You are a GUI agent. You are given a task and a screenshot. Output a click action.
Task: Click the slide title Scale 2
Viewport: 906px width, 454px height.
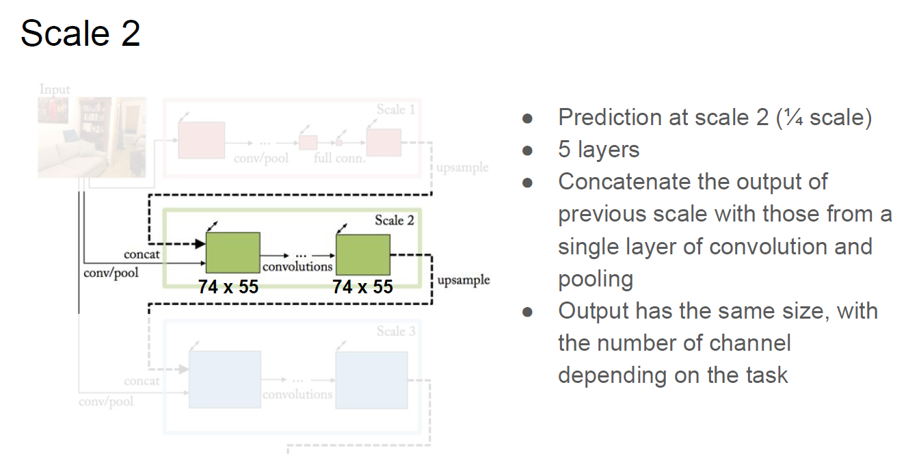pyautogui.click(x=80, y=34)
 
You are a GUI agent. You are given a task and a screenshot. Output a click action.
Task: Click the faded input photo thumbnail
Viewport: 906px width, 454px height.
pyautogui.click(x=91, y=137)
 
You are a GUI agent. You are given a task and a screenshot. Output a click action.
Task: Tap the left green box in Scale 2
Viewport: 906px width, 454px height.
pyautogui.click(x=232, y=253)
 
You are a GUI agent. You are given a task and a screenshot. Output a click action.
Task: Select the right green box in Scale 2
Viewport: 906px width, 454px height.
pyautogui.click(x=362, y=254)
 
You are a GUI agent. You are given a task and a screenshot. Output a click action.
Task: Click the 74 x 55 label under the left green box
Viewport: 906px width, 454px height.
pyautogui.click(x=228, y=287)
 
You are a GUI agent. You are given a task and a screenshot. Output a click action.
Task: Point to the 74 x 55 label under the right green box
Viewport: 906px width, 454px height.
pyautogui.click(x=362, y=287)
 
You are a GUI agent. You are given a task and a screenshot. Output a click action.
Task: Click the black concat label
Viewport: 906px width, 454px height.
pyautogui.click(x=142, y=254)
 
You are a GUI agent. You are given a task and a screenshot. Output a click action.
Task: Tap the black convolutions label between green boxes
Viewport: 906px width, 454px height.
pyautogui.click(x=297, y=267)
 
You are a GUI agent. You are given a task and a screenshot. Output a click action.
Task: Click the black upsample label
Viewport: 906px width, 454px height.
pyautogui.click(x=464, y=280)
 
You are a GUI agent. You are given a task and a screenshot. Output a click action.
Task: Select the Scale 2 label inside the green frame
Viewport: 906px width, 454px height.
pyautogui.click(x=394, y=220)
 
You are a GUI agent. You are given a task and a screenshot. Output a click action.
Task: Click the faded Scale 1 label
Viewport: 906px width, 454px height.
pyautogui.click(x=395, y=109)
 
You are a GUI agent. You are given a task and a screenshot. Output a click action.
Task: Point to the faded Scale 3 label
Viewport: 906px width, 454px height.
pyautogui.click(x=395, y=332)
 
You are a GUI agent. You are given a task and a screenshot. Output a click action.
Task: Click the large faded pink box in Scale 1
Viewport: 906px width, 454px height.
pyautogui.click(x=201, y=140)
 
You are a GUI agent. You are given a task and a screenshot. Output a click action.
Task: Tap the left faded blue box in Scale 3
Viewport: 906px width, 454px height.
pyautogui.click(x=224, y=379)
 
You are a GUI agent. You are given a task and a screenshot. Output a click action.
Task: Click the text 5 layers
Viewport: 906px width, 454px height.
pyautogui.click(x=598, y=150)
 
